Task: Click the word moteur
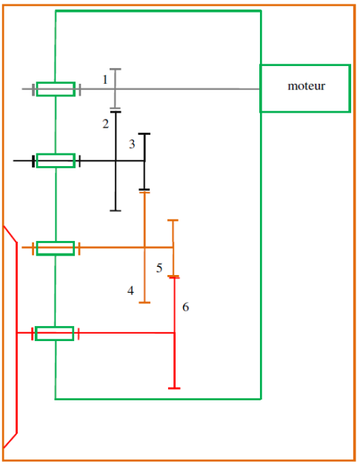tap(306, 86)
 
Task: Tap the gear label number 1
tap(104, 79)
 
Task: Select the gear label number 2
tap(106, 124)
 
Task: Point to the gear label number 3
tap(132, 144)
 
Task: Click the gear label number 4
tap(130, 291)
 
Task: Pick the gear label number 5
tap(159, 268)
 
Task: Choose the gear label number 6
tap(186, 307)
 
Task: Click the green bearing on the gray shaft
tap(56, 89)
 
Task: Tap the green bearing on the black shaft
tap(56, 161)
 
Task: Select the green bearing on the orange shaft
tap(56, 248)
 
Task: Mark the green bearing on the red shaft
tap(55, 334)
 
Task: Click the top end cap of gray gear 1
tap(116, 69)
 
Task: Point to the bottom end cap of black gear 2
tap(116, 211)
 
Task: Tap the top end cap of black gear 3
tap(144, 134)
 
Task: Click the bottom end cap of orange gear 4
tap(144, 302)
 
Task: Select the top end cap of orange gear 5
tap(173, 220)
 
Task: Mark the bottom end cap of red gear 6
tap(174, 388)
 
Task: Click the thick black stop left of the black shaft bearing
tap(33, 161)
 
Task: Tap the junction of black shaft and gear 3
tap(144, 161)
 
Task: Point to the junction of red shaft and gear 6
tap(174, 333)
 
